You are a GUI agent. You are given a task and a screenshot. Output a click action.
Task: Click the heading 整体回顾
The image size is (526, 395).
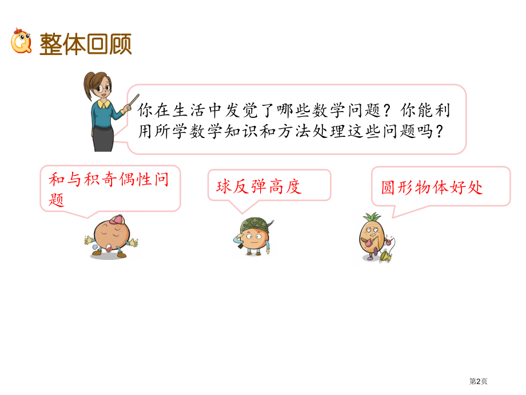[86, 44]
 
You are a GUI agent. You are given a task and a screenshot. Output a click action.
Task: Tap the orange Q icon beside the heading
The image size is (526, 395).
[21, 42]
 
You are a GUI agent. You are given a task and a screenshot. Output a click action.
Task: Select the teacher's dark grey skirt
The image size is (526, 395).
[103, 137]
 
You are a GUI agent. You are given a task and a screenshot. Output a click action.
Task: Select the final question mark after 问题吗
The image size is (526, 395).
[439, 132]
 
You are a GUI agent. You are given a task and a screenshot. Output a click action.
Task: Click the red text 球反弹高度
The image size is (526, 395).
[258, 186]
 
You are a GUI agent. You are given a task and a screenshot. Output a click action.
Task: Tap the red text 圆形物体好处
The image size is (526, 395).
[432, 187]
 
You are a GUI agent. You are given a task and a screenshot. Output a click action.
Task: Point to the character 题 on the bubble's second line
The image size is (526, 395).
[57, 200]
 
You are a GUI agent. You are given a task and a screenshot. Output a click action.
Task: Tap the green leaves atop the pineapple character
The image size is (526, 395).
[371, 218]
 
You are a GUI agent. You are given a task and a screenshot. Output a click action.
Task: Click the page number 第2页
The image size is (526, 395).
[479, 381]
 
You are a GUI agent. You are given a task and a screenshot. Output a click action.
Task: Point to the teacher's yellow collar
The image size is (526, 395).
[103, 105]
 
